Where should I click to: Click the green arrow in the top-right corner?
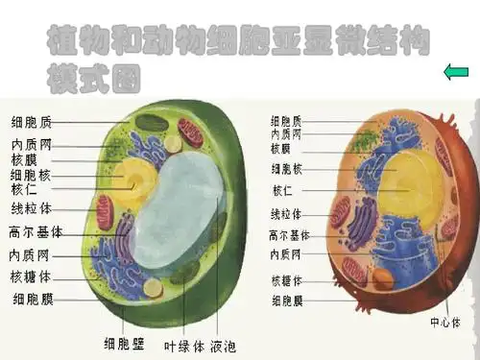pyautogui.click(x=455, y=70)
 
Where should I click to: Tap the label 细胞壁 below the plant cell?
pyautogui.click(x=125, y=342)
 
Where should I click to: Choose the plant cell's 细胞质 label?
pyautogui.click(x=31, y=123)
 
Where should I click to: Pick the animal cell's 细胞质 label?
pyautogui.click(x=286, y=122)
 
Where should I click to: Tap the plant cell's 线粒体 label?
pyautogui.click(x=31, y=207)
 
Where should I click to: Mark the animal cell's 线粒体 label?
pyautogui.click(x=286, y=214)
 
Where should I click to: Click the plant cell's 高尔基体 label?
pyautogui.click(x=36, y=231)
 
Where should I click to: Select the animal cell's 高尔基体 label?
pyautogui.click(x=289, y=235)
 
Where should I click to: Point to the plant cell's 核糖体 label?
pyautogui.click(x=31, y=276)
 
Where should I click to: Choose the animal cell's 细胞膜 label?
pyautogui.click(x=286, y=300)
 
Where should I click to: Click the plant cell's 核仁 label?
pyautogui.click(x=24, y=189)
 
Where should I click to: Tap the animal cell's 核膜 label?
pyautogui.click(x=280, y=149)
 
